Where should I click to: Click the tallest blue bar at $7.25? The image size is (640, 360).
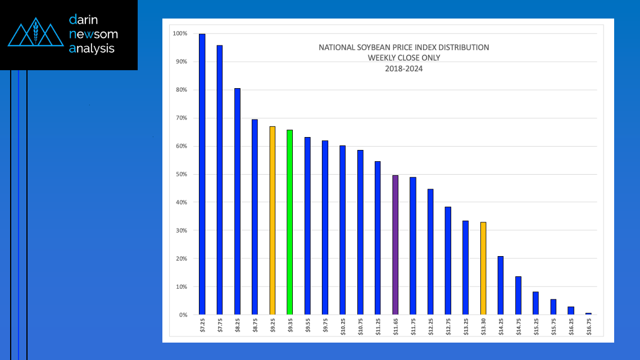(x=202, y=174)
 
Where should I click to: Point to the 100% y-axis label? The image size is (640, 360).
(x=179, y=34)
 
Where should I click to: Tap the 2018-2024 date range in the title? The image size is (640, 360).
(x=403, y=69)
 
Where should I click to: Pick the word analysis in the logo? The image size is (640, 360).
(x=91, y=49)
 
